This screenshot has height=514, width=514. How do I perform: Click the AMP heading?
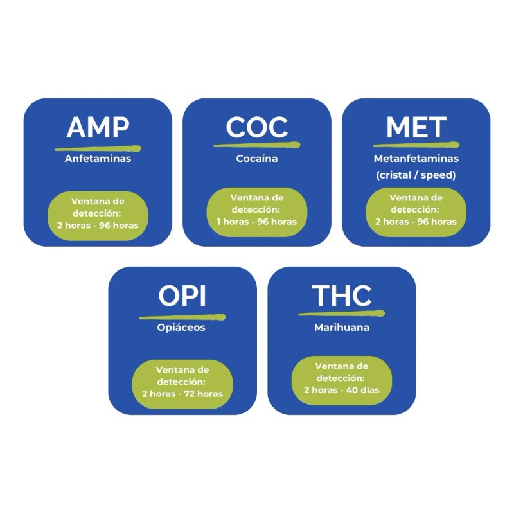tap(98, 128)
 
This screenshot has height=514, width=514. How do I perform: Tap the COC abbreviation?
tap(257, 128)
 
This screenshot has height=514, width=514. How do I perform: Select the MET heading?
tap(416, 128)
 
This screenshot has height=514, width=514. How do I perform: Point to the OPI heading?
tap(182, 296)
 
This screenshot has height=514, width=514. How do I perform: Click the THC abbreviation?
tap(341, 296)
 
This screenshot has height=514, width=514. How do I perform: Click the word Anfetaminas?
tap(98, 158)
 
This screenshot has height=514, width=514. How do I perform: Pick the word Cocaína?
tap(257, 158)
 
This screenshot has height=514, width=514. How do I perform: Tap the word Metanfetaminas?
tap(416, 158)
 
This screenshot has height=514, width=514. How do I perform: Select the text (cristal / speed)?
tap(416, 175)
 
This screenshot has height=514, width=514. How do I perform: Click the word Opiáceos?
tap(182, 327)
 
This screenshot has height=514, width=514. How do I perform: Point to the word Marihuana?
tap(341, 327)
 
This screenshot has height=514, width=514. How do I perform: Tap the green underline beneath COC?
tap(257, 145)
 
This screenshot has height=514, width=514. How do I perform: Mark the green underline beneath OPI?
tap(182, 316)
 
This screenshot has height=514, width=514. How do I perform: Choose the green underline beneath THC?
tap(341, 314)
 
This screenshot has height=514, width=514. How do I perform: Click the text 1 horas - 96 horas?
tap(257, 222)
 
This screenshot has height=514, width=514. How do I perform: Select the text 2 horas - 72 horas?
tap(182, 393)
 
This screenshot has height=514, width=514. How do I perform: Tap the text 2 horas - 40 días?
tap(341, 390)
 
